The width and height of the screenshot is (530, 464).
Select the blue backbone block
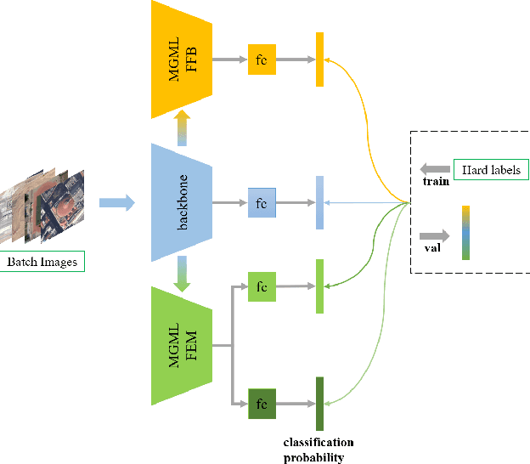click(180, 202)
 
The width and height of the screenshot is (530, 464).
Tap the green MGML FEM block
click(180, 346)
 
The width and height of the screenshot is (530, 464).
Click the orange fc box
click(262, 59)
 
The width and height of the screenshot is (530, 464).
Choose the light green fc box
click(262, 287)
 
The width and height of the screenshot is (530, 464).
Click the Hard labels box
click(490, 170)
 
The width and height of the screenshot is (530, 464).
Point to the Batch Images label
click(42, 261)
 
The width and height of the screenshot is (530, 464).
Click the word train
click(435, 182)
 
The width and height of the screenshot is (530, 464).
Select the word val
click(431, 248)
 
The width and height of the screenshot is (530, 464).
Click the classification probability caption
click(318, 450)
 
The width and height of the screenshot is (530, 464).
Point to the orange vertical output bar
click(319, 59)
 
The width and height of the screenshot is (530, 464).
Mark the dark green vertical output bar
click(319, 403)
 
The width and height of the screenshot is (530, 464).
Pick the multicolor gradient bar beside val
click(465, 232)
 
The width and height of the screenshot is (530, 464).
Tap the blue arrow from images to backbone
click(116, 202)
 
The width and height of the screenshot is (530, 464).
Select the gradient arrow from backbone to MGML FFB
click(180, 130)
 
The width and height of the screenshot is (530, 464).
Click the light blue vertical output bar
click(319, 202)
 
